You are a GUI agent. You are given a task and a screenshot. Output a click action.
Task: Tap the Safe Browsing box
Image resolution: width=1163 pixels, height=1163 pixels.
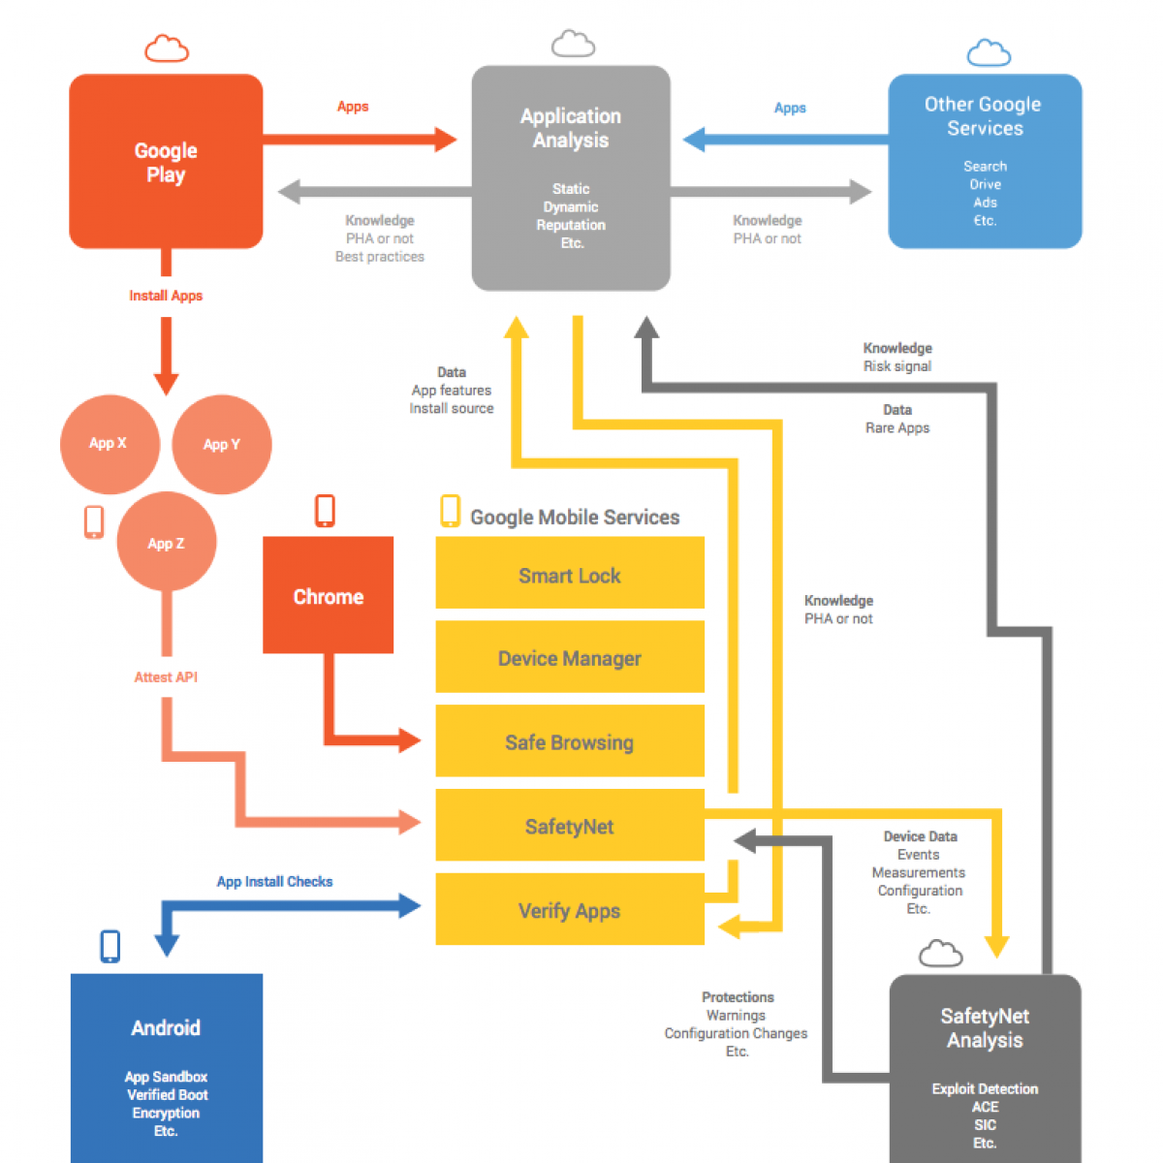coord(570,741)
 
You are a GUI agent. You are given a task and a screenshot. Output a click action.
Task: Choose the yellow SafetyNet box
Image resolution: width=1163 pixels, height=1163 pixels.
coord(570,826)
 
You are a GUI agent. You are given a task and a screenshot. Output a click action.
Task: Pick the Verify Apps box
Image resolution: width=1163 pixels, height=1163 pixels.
coord(570,910)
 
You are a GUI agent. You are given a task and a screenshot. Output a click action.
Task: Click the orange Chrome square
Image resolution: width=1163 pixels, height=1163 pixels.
coord(329,595)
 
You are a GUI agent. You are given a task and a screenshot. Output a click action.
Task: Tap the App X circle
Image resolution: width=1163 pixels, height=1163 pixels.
coord(110,444)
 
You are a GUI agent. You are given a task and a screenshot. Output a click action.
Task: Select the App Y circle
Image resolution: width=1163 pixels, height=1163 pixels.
coord(222,445)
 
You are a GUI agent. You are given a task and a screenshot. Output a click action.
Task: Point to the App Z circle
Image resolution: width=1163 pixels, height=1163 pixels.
coord(167,543)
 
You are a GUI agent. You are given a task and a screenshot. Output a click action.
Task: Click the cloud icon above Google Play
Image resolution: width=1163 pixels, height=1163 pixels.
coord(167,48)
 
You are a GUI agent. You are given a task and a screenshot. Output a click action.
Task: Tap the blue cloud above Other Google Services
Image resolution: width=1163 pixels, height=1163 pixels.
coord(989,53)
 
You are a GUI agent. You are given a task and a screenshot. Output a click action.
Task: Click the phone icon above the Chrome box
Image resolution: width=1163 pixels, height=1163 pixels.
coord(326,511)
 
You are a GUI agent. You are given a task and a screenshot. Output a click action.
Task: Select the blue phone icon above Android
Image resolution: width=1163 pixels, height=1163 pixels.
coord(110,946)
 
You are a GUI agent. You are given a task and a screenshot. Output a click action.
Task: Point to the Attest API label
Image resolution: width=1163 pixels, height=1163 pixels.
coord(166,677)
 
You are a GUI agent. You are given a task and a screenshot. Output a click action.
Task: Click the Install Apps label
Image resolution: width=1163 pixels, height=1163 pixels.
coord(166,296)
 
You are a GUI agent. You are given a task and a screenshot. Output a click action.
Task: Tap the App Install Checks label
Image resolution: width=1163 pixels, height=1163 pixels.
coord(274,882)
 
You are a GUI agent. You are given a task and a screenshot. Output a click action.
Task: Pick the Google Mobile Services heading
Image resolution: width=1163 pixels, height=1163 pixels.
coord(575,518)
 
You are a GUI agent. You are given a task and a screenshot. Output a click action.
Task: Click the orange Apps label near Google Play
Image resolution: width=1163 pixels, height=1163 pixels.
coord(353,107)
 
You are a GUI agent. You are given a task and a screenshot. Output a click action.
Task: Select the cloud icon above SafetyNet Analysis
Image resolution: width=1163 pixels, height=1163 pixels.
coord(940,955)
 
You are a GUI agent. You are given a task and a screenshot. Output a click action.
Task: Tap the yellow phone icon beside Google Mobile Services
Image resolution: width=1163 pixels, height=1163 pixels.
coord(450,511)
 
